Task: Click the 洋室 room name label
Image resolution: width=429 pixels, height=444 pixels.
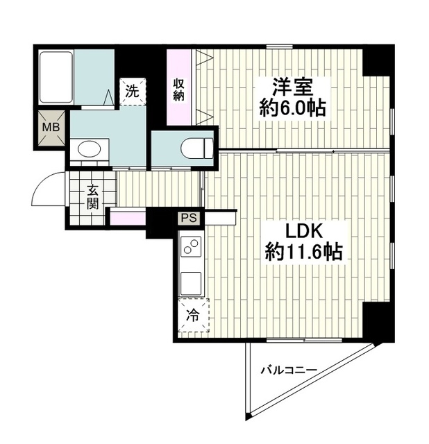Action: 292,87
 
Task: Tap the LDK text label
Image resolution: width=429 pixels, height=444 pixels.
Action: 304,232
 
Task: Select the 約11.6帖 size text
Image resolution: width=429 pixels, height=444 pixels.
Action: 304,252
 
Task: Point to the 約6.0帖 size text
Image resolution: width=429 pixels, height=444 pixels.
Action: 292,108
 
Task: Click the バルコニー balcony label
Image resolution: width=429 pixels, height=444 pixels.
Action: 289,370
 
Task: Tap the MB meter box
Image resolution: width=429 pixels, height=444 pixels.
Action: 51,128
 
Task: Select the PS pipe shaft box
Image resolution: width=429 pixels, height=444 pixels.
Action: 189,218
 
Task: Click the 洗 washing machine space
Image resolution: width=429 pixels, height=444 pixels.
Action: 133,92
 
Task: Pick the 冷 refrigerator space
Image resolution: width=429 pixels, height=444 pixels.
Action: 194,315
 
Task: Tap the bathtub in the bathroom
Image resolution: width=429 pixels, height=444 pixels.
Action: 56,77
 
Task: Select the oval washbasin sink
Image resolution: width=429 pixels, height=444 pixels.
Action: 90,149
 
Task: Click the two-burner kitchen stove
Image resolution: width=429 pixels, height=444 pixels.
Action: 190,247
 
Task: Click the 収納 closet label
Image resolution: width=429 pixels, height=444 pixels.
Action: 179,89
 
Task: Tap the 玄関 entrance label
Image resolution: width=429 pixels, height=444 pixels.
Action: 92,197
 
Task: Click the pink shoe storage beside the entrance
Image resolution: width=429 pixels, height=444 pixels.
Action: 128,218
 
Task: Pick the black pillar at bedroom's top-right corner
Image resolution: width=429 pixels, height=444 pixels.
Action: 378,61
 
